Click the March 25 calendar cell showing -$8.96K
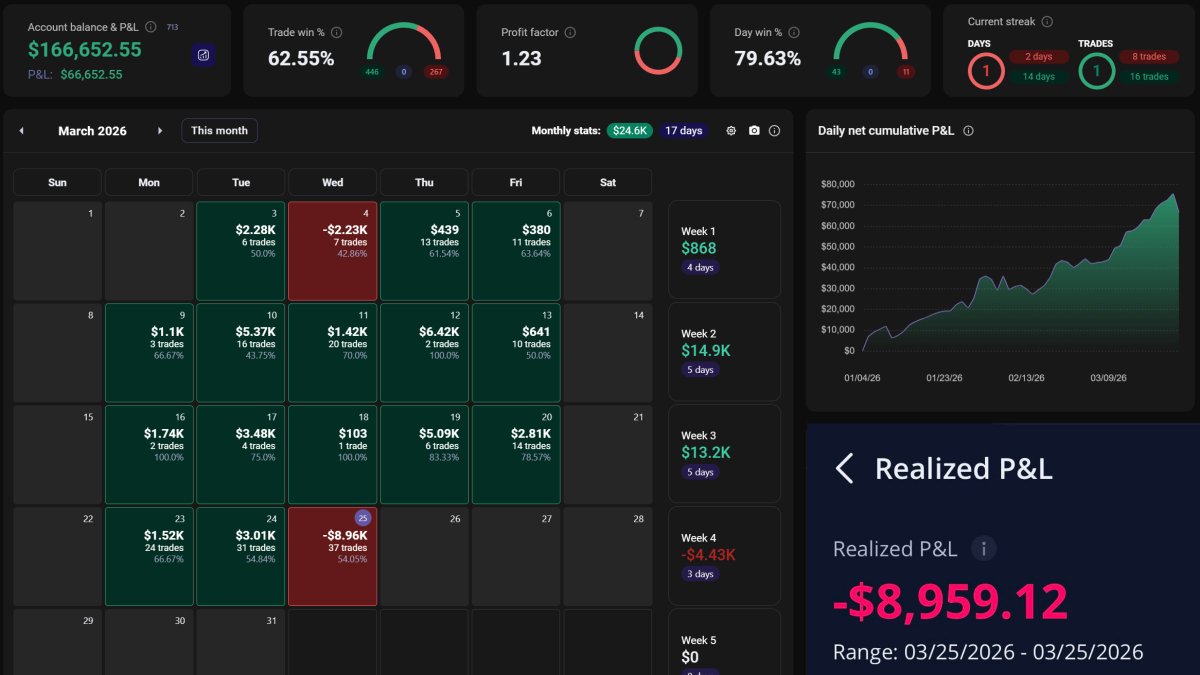333,556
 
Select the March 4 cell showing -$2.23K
333,251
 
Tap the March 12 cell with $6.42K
424,353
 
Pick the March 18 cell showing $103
333,455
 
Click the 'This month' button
219,131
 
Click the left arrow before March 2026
22,131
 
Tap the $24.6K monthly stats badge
630,131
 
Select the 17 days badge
683,131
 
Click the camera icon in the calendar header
754,131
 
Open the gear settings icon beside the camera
731,131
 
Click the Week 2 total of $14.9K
699,350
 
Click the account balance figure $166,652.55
85,50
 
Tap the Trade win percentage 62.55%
301,59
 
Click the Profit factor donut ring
658,50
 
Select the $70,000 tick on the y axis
837,205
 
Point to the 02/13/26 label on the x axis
1026,378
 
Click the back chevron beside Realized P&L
845,469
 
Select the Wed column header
333,182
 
